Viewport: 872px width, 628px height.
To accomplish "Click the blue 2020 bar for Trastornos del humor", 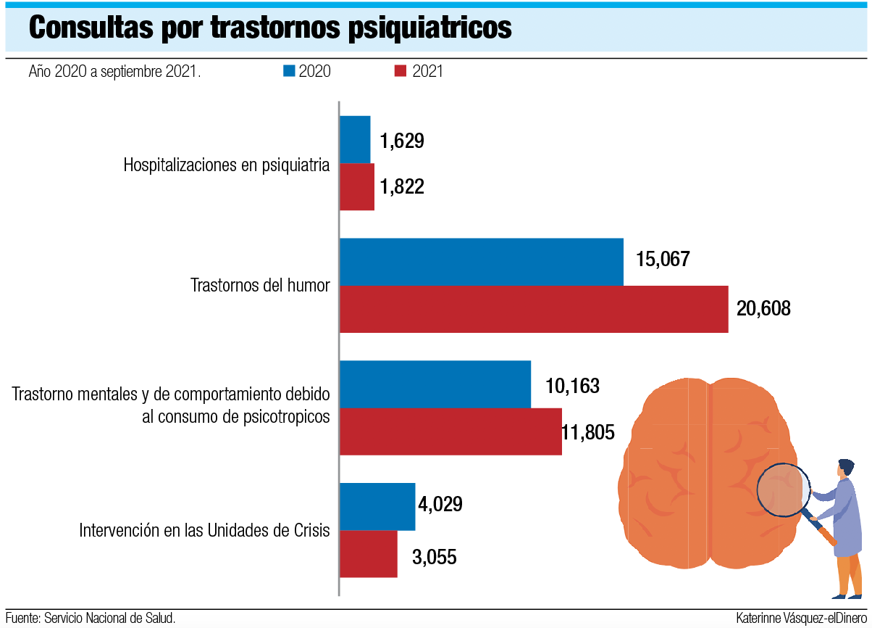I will tap(482, 262).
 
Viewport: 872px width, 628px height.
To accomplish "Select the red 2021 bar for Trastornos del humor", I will tap(534, 309).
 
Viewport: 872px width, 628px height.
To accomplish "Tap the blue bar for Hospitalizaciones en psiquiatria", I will tap(355, 140).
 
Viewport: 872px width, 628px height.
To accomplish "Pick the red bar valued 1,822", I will tap(357, 187).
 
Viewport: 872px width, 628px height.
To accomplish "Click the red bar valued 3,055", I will tap(369, 554).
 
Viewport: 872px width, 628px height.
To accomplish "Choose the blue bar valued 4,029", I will tap(377, 507).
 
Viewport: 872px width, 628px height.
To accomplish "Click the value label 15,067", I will tap(663, 260).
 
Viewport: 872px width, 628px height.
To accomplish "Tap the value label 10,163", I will tap(572, 386).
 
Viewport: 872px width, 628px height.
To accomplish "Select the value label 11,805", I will tap(587, 433).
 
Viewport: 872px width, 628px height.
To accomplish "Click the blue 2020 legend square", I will tap(289, 71).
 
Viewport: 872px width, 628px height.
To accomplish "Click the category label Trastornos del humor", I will tap(260, 285).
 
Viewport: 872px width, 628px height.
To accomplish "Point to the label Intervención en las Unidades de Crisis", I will tap(204, 530).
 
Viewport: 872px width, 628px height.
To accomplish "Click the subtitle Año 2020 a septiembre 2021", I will tap(114, 72).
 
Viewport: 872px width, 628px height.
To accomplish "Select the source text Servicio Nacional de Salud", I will tap(109, 619).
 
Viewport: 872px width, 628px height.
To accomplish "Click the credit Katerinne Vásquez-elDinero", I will tap(800, 619).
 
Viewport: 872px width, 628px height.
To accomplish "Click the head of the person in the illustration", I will tap(845, 467).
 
